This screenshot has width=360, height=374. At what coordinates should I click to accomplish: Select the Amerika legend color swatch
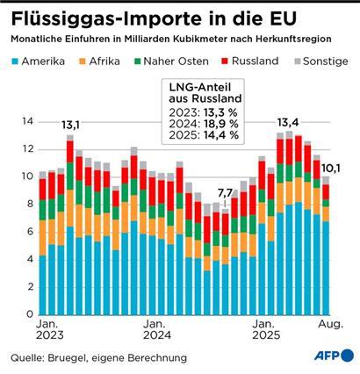tap(16, 61)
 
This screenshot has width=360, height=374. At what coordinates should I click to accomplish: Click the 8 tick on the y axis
tap(30, 205)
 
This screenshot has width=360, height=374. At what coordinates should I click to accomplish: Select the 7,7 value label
tap(227, 193)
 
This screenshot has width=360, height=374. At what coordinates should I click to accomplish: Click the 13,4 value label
tap(288, 122)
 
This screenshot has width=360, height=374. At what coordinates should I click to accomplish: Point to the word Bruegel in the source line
tap(76, 357)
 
